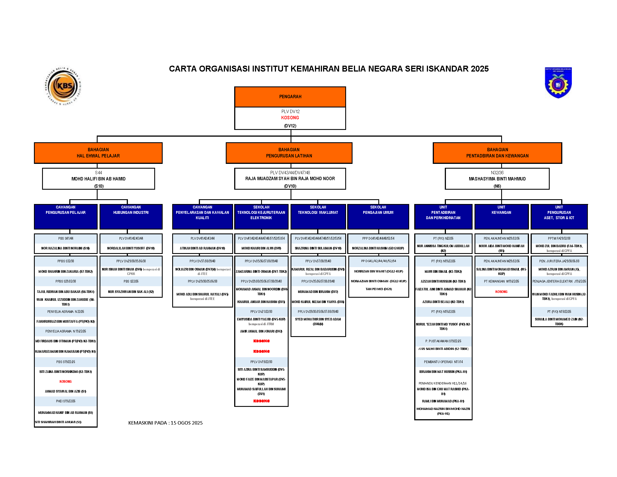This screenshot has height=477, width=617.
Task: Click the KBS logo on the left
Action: point(63,86)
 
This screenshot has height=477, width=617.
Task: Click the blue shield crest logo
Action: point(558,82)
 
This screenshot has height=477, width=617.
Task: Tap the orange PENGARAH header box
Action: point(290,97)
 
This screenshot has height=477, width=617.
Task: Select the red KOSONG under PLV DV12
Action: point(290,118)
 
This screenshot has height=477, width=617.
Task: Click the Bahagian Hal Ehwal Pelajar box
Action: point(98,153)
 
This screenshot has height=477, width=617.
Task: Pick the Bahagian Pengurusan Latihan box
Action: point(289,153)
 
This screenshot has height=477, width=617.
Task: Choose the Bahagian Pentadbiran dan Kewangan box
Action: point(497,153)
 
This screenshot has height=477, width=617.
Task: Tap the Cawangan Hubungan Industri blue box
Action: point(131,216)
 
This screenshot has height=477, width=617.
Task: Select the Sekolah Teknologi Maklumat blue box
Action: point(318,216)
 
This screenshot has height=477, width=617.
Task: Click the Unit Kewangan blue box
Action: point(501,216)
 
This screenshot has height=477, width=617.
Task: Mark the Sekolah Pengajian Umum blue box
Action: point(378,216)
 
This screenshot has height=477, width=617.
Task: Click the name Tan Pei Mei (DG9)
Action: point(379,289)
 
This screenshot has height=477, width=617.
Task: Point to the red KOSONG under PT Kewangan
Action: point(501,292)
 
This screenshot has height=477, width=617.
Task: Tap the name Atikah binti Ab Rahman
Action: point(202,248)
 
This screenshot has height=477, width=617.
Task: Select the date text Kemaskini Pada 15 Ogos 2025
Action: point(165,423)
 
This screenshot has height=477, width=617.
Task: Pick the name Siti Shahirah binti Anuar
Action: point(58,422)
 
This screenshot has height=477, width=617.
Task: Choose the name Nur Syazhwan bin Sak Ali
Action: point(131,292)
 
